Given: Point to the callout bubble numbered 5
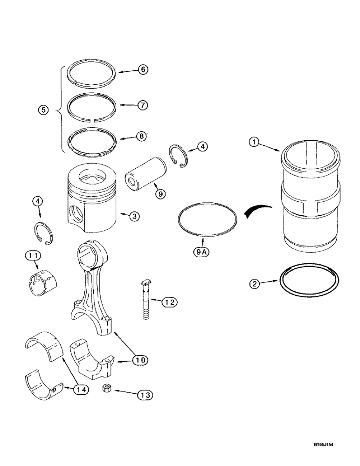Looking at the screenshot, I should pyautogui.click(x=43, y=110).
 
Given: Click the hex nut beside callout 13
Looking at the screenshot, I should pyautogui.click(x=106, y=389).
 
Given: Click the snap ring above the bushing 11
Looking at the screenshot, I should pyautogui.click(x=46, y=233).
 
